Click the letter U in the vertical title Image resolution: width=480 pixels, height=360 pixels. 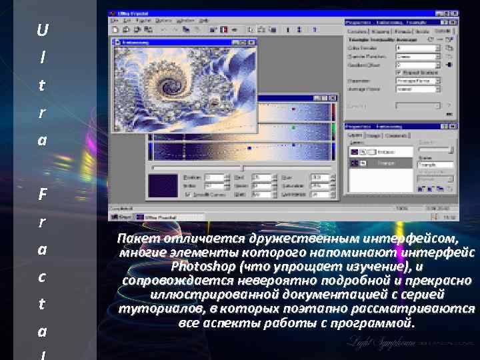click(43, 31)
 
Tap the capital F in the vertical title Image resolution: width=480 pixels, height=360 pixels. click(43, 195)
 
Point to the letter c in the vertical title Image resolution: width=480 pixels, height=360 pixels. click(43, 277)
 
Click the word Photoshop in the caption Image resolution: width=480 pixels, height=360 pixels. click(203, 267)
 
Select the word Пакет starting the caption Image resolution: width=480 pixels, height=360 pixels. click(134, 239)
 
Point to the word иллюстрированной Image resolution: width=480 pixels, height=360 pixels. click(204, 295)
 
